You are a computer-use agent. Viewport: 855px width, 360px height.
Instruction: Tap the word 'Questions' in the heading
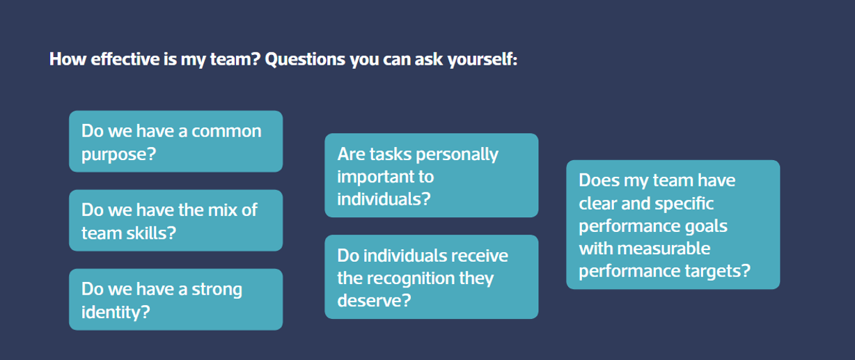coord(305,60)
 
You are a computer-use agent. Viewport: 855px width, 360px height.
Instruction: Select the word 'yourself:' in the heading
coord(482,60)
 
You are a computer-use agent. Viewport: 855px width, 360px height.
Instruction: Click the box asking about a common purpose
coord(175,141)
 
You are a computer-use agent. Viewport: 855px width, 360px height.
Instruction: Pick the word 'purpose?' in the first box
coord(118,155)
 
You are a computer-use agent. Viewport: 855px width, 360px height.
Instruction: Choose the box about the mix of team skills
coord(175,220)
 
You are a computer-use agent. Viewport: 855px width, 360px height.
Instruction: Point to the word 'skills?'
coord(151,233)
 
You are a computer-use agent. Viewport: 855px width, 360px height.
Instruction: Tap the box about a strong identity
coord(175,299)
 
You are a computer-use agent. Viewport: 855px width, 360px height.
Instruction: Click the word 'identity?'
coord(116,312)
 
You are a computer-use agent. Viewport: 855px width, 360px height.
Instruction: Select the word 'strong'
coord(217,290)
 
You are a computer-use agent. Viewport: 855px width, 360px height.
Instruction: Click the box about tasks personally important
coord(431,175)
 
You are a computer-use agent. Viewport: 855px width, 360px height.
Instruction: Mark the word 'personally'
coord(457,155)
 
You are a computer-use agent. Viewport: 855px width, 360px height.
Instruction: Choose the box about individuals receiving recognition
coord(431,276)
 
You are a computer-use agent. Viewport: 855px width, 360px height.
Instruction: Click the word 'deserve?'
coord(374,300)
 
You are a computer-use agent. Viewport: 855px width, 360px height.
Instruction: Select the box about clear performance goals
coord(673,224)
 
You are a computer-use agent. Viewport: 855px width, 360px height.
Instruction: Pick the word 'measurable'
coord(664,249)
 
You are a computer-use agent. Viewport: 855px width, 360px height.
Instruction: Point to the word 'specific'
coord(684,203)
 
